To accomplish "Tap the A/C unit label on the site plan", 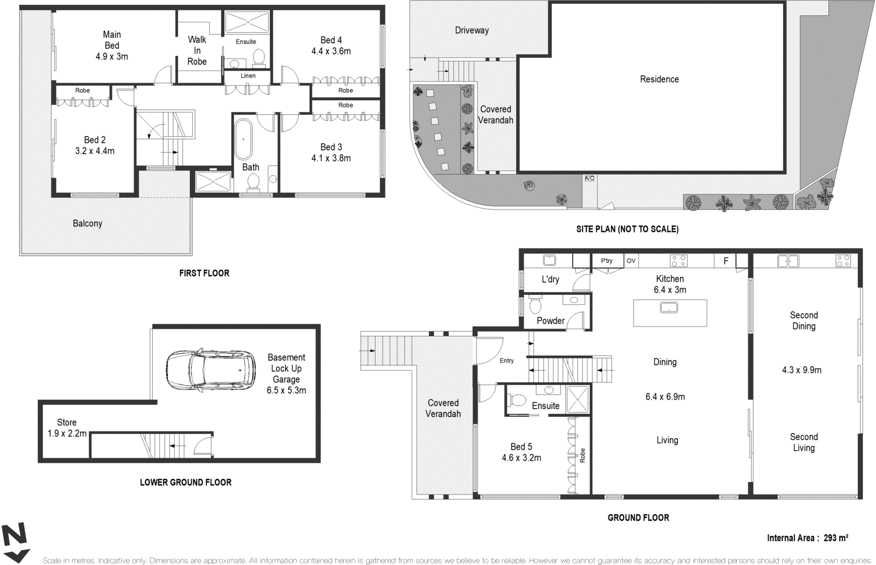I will point(590,178).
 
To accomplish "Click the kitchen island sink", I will point(669,307).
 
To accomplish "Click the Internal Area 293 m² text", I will point(808,538).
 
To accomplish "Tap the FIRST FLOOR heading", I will point(204,273).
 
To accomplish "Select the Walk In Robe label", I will point(197,50).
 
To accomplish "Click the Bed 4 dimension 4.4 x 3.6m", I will point(331,51).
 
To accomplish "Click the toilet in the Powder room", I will point(535,305).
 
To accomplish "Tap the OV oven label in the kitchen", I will point(631,261).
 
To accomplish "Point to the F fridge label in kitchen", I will point(726,261).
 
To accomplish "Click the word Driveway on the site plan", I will point(471,30).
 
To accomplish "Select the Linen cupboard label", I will point(248,75).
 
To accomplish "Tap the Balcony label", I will point(88,223).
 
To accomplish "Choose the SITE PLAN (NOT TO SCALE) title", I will point(627,229).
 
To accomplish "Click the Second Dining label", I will point(804,321).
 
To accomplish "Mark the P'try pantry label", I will point(607,261).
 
